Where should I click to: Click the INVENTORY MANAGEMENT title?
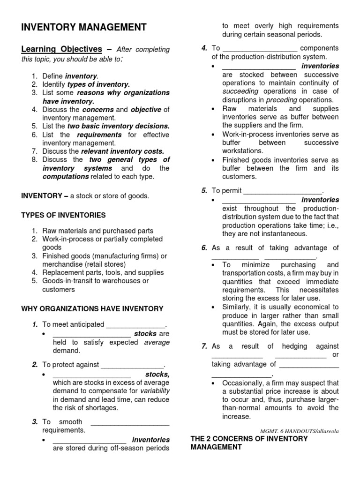[x=84, y=28]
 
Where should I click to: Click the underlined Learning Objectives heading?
[x=61, y=49]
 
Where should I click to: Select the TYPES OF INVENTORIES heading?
[x=64, y=215]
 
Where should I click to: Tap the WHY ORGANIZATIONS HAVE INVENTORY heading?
[x=92, y=309]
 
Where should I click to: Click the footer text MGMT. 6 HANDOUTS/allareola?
[x=299, y=430]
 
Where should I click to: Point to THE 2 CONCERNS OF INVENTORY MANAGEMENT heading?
[x=249, y=443]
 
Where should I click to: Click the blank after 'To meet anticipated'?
[x=136, y=324]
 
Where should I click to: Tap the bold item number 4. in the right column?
[x=204, y=48]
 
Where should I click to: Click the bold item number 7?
[x=204, y=346]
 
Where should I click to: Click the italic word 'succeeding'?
[x=240, y=91]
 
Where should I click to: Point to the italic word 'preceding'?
[x=281, y=100]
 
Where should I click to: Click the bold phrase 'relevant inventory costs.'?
[x=123, y=151]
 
